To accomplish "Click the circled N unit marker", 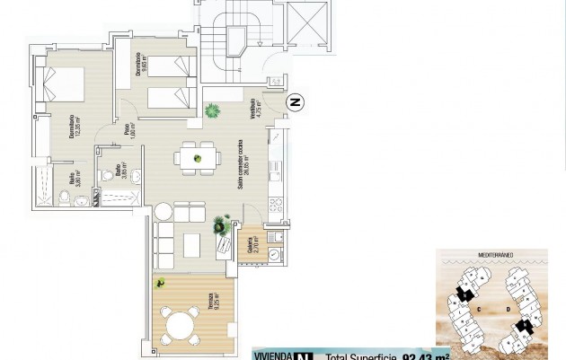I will tap(295, 104).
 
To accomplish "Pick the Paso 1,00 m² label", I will tap(128, 134).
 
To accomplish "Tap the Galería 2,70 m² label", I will tap(251, 244).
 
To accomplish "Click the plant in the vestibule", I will tap(213, 111).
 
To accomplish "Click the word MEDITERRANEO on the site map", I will tap(494, 255).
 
